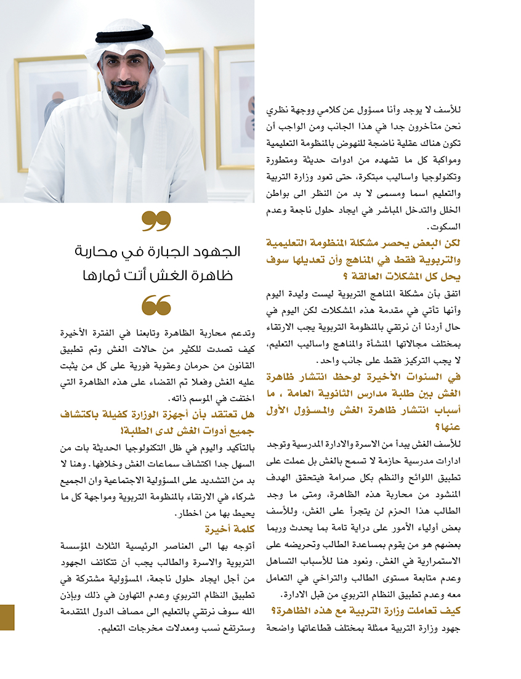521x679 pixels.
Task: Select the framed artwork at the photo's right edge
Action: (x=236, y=105)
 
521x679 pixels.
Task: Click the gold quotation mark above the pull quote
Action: (x=156, y=220)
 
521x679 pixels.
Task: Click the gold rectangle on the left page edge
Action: (x=7, y=617)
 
